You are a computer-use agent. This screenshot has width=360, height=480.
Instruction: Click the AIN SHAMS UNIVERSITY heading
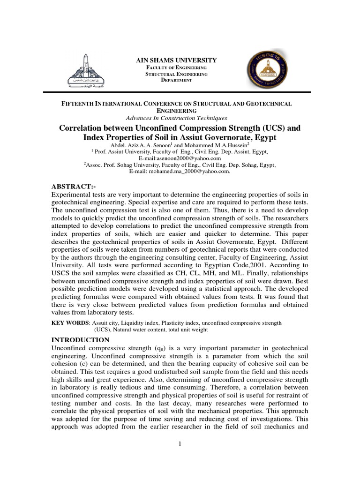[176, 60]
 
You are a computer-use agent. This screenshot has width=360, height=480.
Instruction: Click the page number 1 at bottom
[180, 445]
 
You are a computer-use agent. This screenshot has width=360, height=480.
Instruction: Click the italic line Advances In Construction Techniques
[180, 118]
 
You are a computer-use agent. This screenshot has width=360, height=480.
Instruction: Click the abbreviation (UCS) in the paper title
[275, 127]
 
